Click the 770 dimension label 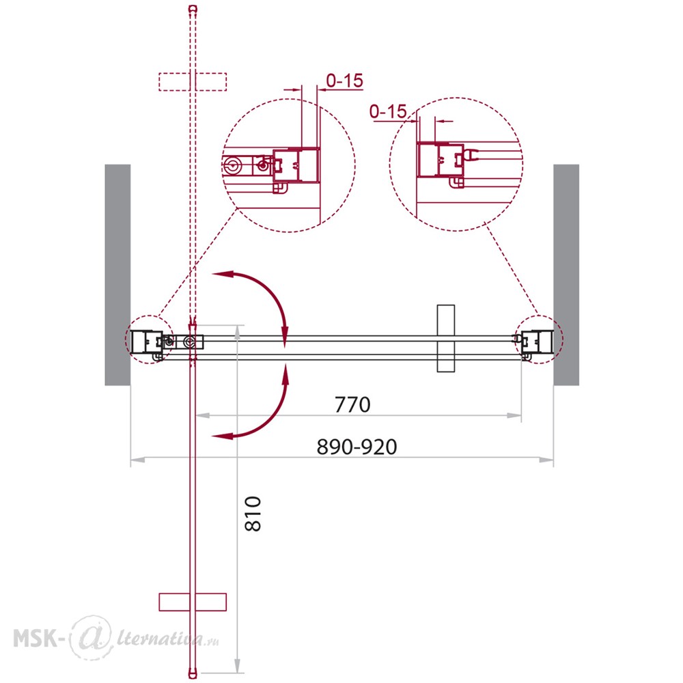(x=352, y=404)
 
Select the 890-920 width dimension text (x=357, y=447)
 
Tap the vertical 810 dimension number (x=253, y=514)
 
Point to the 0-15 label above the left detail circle (x=344, y=81)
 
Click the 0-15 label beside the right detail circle (x=388, y=111)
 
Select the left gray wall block (x=117, y=275)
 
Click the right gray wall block (x=566, y=275)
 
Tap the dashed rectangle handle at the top (x=193, y=82)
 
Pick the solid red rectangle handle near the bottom (x=193, y=602)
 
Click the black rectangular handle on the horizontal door (x=445, y=339)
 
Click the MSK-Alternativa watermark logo (x=116, y=638)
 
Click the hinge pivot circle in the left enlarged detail (x=232, y=165)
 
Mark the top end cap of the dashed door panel (x=193, y=8)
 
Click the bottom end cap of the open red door (x=193, y=674)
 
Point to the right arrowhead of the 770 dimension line (x=514, y=415)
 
